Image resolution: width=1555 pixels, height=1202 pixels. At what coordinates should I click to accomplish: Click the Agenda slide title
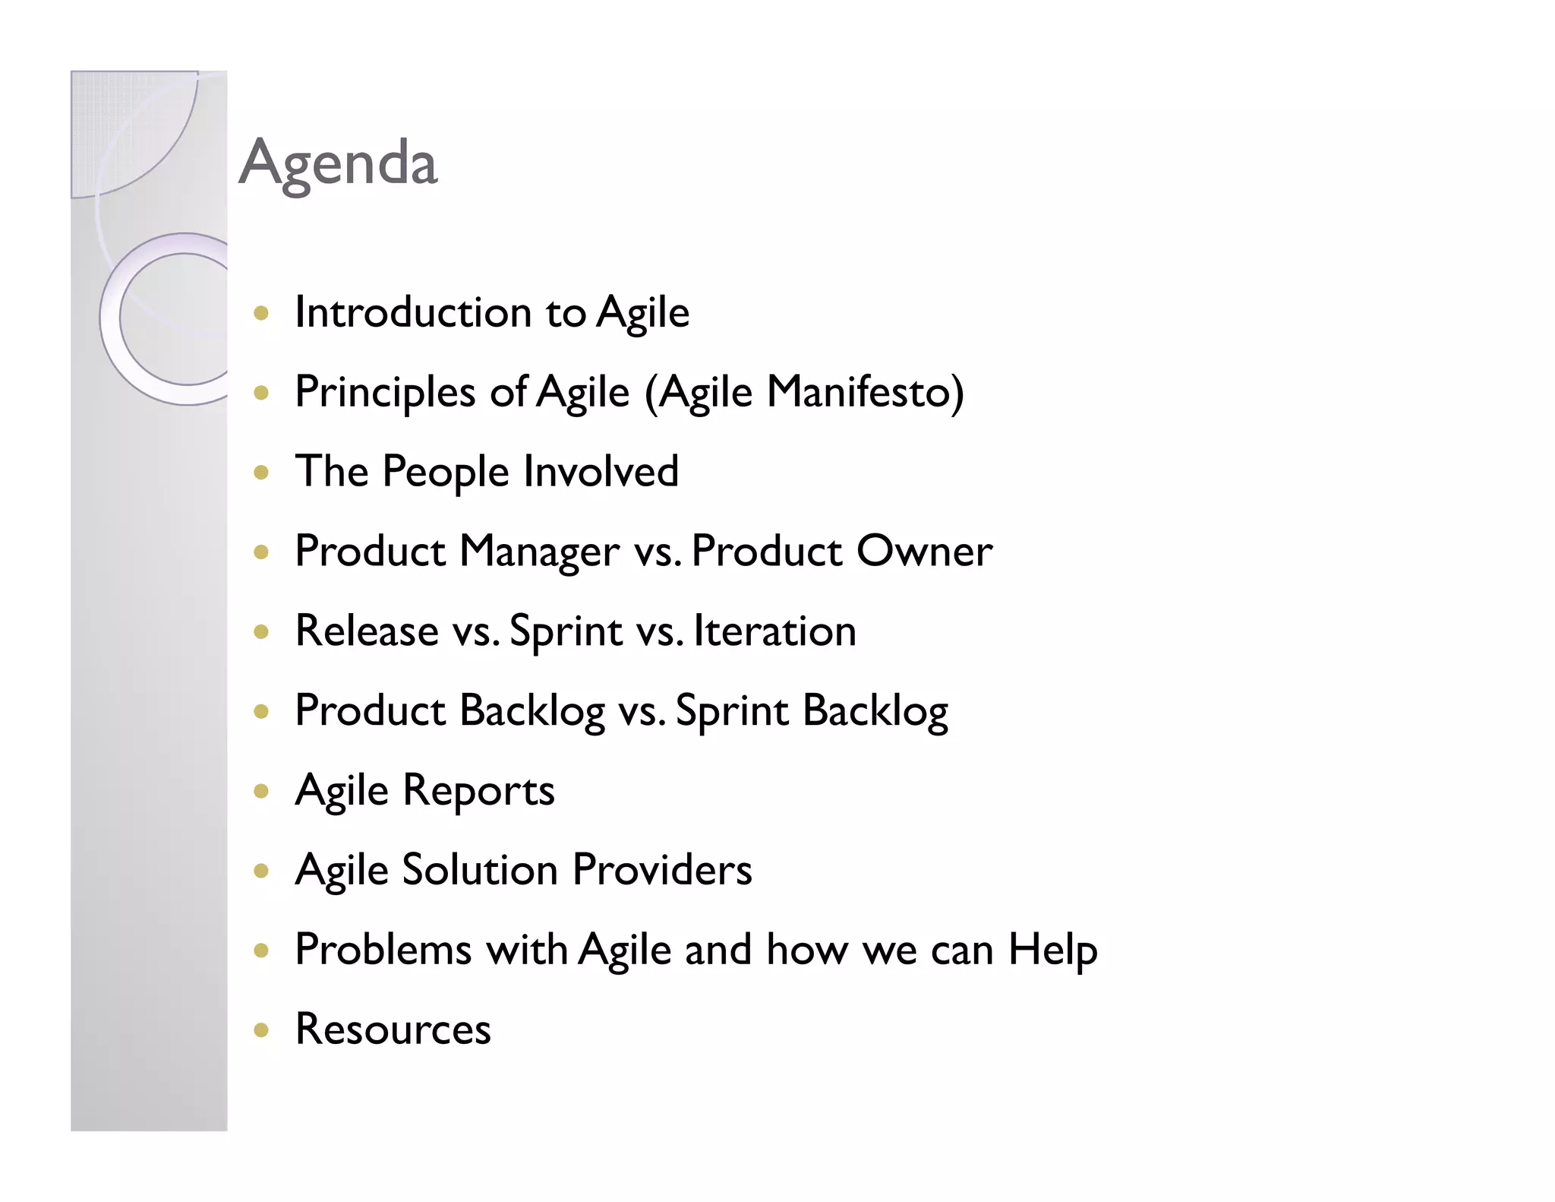(x=338, y=163)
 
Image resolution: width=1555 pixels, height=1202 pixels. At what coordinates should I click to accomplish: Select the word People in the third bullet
(x=445, y=472)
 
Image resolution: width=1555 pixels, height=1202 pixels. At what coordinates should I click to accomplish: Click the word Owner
(x=924, y=551)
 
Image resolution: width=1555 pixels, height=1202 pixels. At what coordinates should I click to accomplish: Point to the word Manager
(x=539, y=552)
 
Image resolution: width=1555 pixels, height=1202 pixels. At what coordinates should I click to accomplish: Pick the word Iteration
(x=774, y=631)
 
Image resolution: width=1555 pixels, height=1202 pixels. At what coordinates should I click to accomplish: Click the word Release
(x=367, y=631)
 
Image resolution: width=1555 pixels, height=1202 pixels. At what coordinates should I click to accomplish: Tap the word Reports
(x=478, y=791)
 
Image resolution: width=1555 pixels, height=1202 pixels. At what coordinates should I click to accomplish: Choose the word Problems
(x=383, y=950)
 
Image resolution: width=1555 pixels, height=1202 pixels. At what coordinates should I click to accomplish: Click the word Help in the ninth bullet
(x=1052, y=950)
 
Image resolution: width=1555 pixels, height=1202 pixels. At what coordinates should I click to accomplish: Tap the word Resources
(x=393, y=1030)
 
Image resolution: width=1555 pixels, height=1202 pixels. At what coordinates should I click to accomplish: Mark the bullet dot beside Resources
(x=261, y=1030)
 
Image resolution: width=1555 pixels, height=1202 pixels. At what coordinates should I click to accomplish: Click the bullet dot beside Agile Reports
(x=261, y=792)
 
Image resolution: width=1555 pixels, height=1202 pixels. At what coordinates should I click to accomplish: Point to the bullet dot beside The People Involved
(x=261, y=473)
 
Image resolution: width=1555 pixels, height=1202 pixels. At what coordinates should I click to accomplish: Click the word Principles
(x=385, y=394)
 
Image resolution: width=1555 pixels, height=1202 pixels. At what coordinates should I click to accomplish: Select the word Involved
(x=601, y=471)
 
